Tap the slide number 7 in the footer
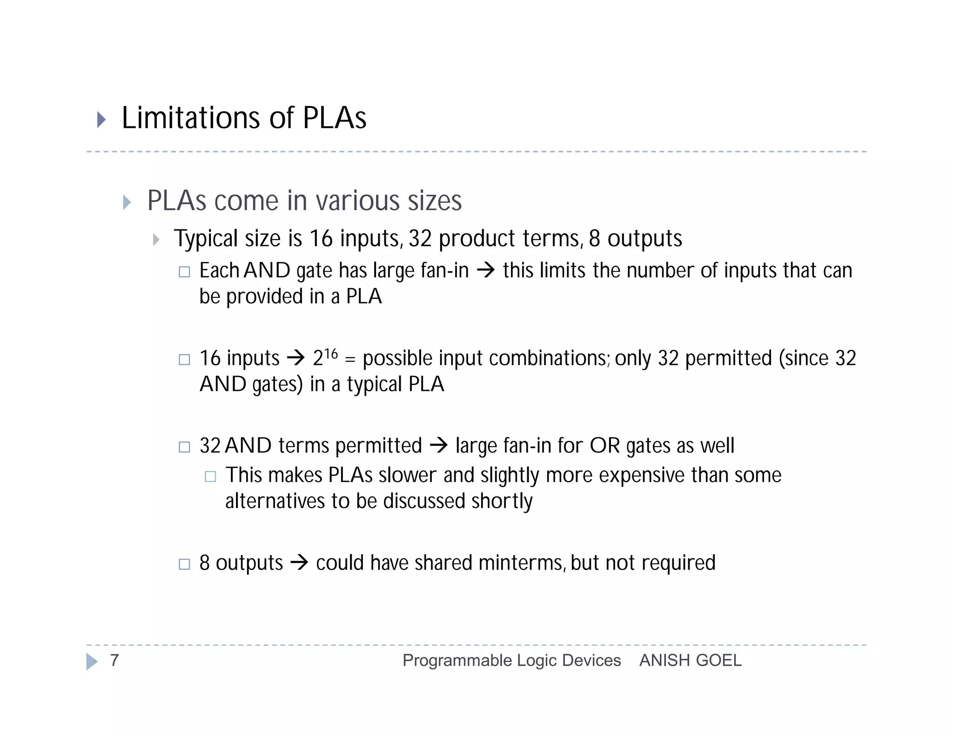(114, 660)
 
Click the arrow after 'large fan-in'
(486, 270)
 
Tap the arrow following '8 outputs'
(299, 562)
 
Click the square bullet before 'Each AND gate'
(184, 272)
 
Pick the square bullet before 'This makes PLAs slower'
(210, 476)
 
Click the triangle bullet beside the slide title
(101, 120)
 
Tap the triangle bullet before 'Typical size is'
(156, 240)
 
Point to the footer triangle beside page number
(92, 661)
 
